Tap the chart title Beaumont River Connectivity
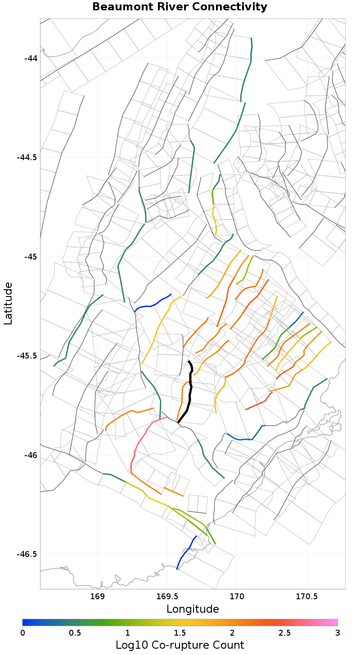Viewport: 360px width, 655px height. click(x=180, y=7)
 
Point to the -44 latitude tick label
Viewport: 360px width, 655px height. click(x=31, y=58)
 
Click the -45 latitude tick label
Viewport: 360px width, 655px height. click(x=31, y=256)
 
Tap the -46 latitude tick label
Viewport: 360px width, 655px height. click(x=31, y=455)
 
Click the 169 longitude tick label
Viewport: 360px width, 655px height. click(x=98, y=597)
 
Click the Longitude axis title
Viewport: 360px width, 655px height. click(x=193, y=609)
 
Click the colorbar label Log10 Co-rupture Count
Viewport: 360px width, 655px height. click(x=180, y=645)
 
